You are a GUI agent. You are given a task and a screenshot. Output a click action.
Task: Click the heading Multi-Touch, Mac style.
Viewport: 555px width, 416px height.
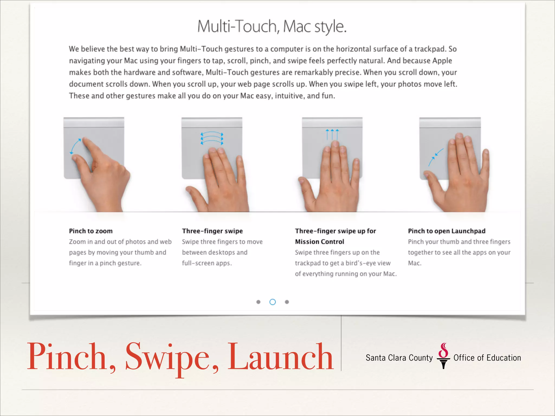pyautogui.click(x=272, y=27)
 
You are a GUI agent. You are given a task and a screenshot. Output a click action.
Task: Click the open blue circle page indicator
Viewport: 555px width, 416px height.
pyautogui.click(x=273, y=302)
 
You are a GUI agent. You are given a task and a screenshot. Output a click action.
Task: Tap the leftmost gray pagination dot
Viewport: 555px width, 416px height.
pyautogui.click(x=258, y=302)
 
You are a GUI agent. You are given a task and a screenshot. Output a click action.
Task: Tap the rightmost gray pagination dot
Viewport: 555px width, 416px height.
pyautogui.click(x=287, y=302)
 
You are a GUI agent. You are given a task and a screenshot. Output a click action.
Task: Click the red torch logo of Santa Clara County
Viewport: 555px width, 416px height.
pyautogui.click(x=443, y=356)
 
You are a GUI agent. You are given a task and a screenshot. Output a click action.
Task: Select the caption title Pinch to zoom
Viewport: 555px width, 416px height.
pyautogui.click(x=91, y=231)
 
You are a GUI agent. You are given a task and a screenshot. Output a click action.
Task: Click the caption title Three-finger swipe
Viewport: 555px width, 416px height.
pyautogui.click(x=212, y=231)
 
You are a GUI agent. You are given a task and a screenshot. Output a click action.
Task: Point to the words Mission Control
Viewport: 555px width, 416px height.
pyautogui.click(x=320, y=242)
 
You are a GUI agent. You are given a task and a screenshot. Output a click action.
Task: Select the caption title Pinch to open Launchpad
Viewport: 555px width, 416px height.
pyautogui.click(x=447, y=231)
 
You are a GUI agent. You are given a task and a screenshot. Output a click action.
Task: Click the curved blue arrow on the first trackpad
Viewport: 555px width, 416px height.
pyautogui.click(x=75, y=146)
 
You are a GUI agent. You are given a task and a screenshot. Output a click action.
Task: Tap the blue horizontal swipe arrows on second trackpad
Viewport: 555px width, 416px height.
pyautogui.click(x=212, y=138)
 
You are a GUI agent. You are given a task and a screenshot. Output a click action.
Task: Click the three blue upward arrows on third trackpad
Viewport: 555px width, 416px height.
pyautogui.click(x=332, y=134)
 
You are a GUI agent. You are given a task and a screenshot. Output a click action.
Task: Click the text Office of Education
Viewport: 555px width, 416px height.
pyautogui.click(x=487, y=358)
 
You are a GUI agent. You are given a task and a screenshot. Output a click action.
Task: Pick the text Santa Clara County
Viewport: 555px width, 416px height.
pyautogui.click(x=399, y=358)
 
